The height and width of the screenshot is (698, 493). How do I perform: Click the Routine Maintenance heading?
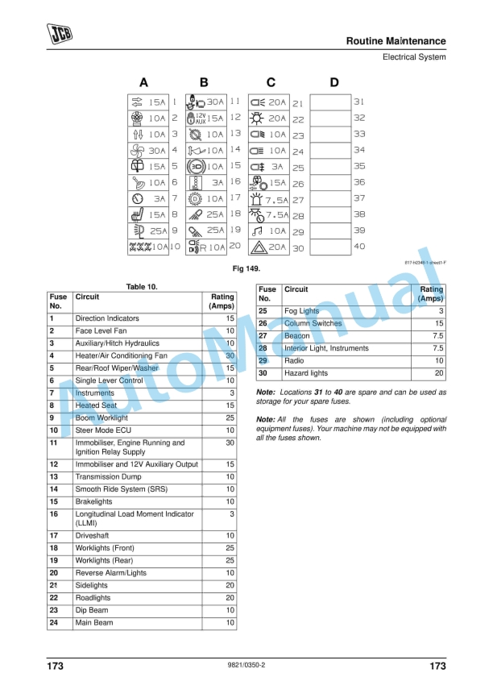(396, 41)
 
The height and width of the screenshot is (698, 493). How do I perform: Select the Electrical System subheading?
(414, 57)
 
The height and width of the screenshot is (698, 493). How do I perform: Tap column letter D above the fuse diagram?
(334, 82)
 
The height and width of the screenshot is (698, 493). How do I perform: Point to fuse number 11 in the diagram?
(234, 102)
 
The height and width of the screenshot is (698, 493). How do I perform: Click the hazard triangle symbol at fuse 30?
(258, 247)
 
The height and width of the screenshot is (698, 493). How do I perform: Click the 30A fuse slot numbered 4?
(148, 150)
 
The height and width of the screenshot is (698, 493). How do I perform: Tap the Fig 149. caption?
(246, 268)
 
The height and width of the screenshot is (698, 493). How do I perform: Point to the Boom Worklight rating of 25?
(230, 418)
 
